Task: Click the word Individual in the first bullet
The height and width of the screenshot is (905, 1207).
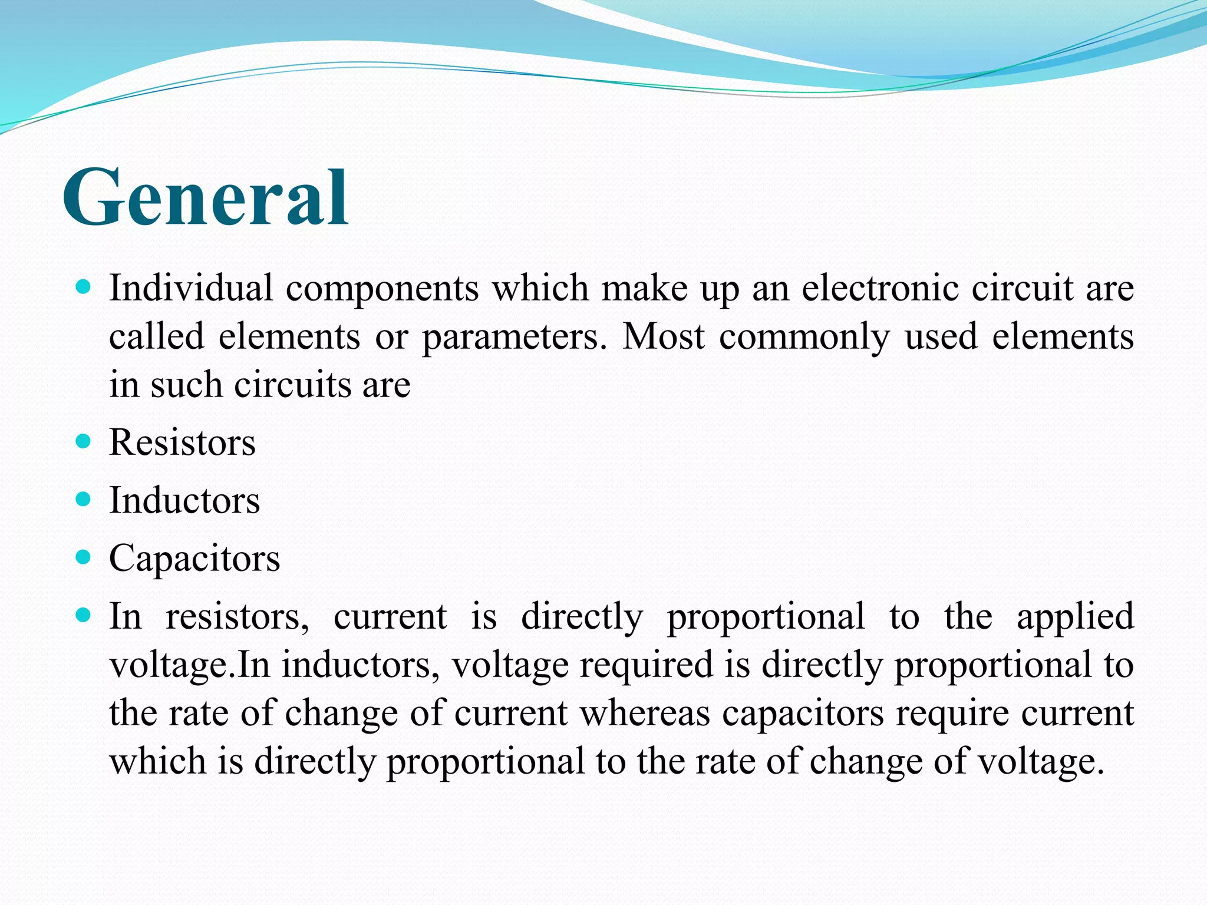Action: click(x=191, y=288)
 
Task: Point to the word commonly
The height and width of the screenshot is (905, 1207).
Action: click(x=804, y=338)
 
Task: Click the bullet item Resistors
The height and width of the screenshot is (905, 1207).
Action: click(x=182, y=442)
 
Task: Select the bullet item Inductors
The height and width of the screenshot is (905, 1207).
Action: click(x=184, y=500)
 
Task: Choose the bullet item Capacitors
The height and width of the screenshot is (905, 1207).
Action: click(x=194, y=558)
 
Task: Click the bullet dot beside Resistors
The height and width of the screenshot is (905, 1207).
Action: click(x=84, y=441)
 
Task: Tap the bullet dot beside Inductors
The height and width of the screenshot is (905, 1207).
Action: click(x=84, y=500)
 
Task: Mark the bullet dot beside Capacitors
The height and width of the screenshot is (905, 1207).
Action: click(x=84, y=557)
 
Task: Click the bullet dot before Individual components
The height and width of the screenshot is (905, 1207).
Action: click(x=84, y=288)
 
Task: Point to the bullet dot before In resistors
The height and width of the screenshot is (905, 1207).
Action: click(x=84, y=616)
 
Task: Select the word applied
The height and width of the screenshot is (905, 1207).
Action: click(x=1075, y=617)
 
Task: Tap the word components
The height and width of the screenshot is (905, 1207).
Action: click(x=382, y=289)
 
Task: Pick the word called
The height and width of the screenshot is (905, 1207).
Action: click(x=157, y=336)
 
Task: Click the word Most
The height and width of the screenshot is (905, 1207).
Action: click(x=664, y=336)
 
